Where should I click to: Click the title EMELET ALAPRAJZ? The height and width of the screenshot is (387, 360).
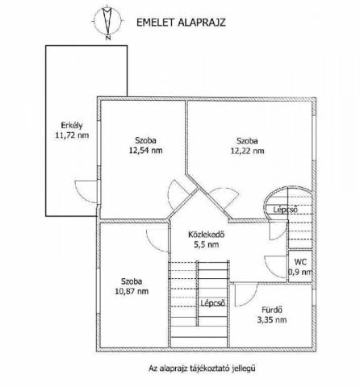pyautogui.click(x=181, y=23)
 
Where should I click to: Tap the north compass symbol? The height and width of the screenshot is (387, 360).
pyautogui.click(x=107, y=21)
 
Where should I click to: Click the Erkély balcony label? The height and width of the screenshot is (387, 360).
pyautogui.click(x=72, y=126)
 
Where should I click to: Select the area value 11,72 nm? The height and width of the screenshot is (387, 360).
pyautogui.click(x=72, y=135)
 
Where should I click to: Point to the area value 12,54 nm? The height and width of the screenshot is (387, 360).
pyautogui.click(x=145, y=150)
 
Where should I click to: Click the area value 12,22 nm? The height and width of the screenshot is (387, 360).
pyautogui.click(x=247, y=151)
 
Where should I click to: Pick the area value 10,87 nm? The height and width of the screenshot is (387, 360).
pyautogui.click(x=132, y=291)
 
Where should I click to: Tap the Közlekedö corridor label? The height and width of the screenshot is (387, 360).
pyautogui.click(x=207, y=235)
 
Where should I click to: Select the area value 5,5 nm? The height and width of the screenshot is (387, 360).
pyautogui.click(x=207, y=244)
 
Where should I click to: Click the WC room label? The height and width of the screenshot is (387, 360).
pyautogui.click(x=300, y=262)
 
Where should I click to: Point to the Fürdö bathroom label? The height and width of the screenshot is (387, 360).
pyautogui.click(x=272, y=310)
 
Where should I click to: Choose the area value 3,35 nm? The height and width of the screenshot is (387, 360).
pyautogui.click(x=272, y=320)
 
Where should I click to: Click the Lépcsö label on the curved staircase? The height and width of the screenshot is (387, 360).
pyautogui.click(x=286, y=210)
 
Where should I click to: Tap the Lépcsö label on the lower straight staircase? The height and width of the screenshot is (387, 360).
pyautogui.click(x=213, y=303)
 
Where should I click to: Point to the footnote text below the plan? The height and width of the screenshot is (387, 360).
pyautogui.click(x=202, y=368)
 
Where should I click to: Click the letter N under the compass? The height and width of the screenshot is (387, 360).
pyautogui.click(x=108, y=38)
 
